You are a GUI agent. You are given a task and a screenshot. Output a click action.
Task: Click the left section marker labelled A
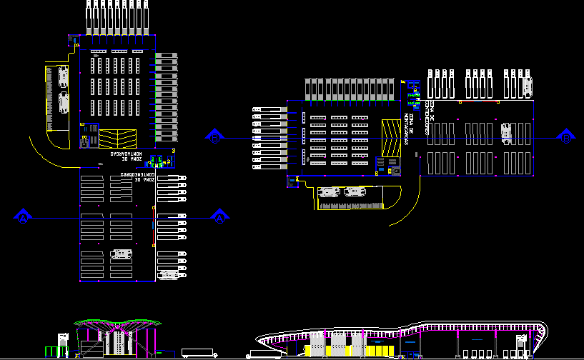(24, 216)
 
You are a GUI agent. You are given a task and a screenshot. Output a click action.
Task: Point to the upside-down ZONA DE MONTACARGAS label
(126, 154)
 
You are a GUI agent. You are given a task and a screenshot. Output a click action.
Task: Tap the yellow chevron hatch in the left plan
(119, 138)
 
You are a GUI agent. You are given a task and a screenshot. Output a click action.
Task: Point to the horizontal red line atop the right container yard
(477, 101)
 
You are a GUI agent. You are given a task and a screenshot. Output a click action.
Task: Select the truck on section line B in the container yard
(507, 133)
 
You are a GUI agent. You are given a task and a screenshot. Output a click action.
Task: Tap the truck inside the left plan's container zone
(122, 253)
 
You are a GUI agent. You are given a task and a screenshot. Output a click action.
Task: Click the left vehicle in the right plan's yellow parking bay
(330, 191)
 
